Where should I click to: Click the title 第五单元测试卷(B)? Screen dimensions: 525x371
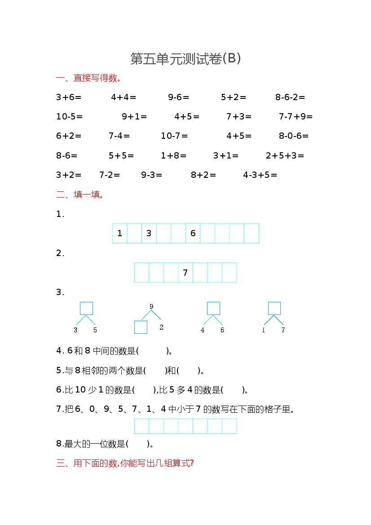pyautogui.click(x=185, y=59)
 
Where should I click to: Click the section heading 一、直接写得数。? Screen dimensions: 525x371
pyautogui.click(x=89, y=78)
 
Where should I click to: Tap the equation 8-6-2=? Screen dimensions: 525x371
pyautogui.click(x=290, y=97)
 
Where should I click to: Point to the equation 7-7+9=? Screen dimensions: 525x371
pyautogui.click(x=296, y=117)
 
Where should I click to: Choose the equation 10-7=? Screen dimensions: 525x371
pyautogui.click(x=174, y=136)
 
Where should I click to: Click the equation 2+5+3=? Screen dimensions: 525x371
pyautogui.click(x=285, y=156)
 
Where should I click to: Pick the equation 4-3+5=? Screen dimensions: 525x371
pyautogui.click(x=260, y=175)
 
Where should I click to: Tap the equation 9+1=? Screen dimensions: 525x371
pyautogui.click(x=134, y=117)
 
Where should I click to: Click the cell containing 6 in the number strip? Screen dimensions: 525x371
pyautogui.click(x=193, y=234)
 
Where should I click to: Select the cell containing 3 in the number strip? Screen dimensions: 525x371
pyautogui.click(x=149, y=234)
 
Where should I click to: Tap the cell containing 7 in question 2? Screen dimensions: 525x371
pyautogui.click(x=185, y=273)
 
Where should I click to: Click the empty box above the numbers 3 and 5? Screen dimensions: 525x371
pyautogui.click(x=86, y=308)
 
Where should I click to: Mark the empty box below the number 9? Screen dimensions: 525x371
pyautogui.click(x=141, y=327)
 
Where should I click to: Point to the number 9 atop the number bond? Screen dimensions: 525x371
pyautogui.click(x=151, y=307)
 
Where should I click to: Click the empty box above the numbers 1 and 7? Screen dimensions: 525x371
pyautogui.click(x=274, y=308)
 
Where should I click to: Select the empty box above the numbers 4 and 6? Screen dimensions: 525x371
pyautogui.click(x=213, y=308)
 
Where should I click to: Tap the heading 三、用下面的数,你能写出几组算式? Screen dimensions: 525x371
pyautogui.click(x=125, y=463)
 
